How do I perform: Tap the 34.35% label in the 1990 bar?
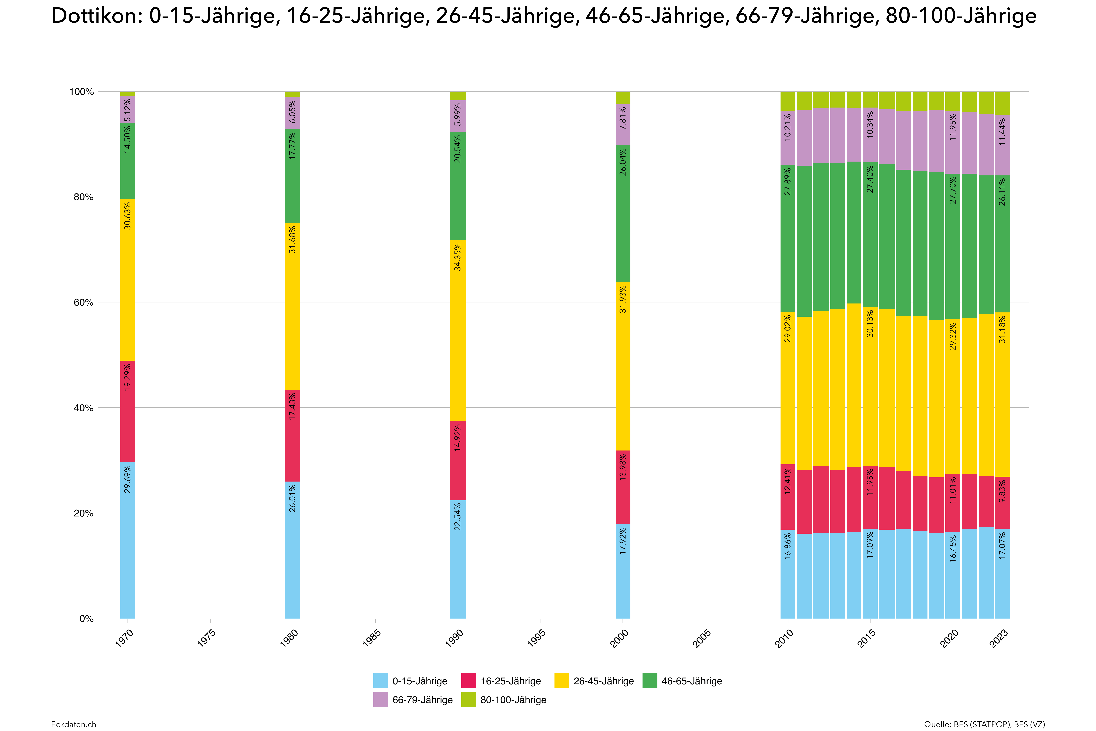click(458, 257)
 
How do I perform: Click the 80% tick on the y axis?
click(83, 197)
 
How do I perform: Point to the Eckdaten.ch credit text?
click(74, 724)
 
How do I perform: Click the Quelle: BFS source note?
click(984, 724)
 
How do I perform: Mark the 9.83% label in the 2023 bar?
click(1002, 491)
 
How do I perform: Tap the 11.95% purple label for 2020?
click(953, 127)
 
